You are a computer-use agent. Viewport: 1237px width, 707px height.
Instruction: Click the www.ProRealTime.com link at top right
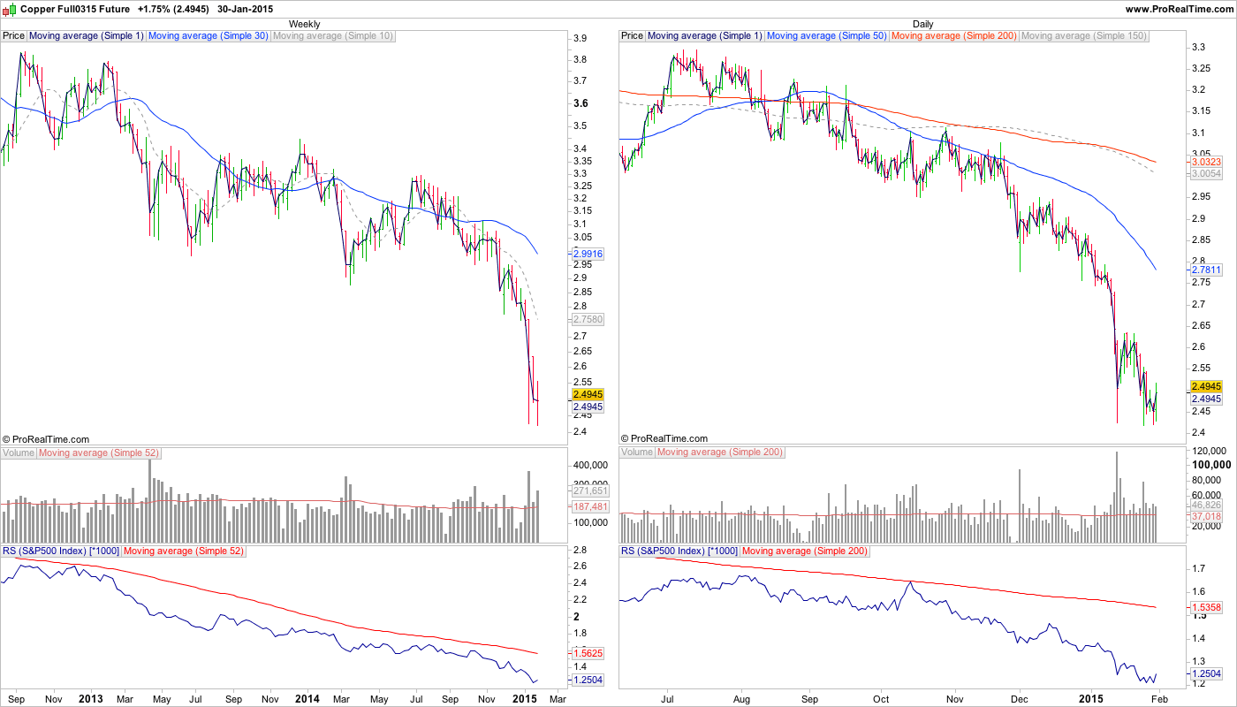[x=1179, y=9]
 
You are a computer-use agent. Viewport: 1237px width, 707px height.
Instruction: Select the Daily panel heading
[x=922, y=24]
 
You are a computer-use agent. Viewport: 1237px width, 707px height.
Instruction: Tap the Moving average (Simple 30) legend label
[x=209, y=36]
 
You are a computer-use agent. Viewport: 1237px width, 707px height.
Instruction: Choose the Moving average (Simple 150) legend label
[x=1084, y=36]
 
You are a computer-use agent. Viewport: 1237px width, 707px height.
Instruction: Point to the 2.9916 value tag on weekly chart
[x=588, y=253]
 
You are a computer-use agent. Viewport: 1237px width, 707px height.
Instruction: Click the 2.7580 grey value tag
[x=588, y=319]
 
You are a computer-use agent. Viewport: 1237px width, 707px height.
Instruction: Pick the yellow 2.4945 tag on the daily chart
[x=1206, y=386]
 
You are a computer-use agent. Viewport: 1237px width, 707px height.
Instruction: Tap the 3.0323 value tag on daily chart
[x=1206, y=162]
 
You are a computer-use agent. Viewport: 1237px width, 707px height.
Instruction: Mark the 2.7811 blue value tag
[x=1206, y=270]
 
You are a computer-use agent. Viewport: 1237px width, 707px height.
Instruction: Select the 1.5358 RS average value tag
[x=1206, y=608]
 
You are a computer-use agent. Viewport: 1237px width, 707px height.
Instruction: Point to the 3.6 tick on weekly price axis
[x=581, y=103]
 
